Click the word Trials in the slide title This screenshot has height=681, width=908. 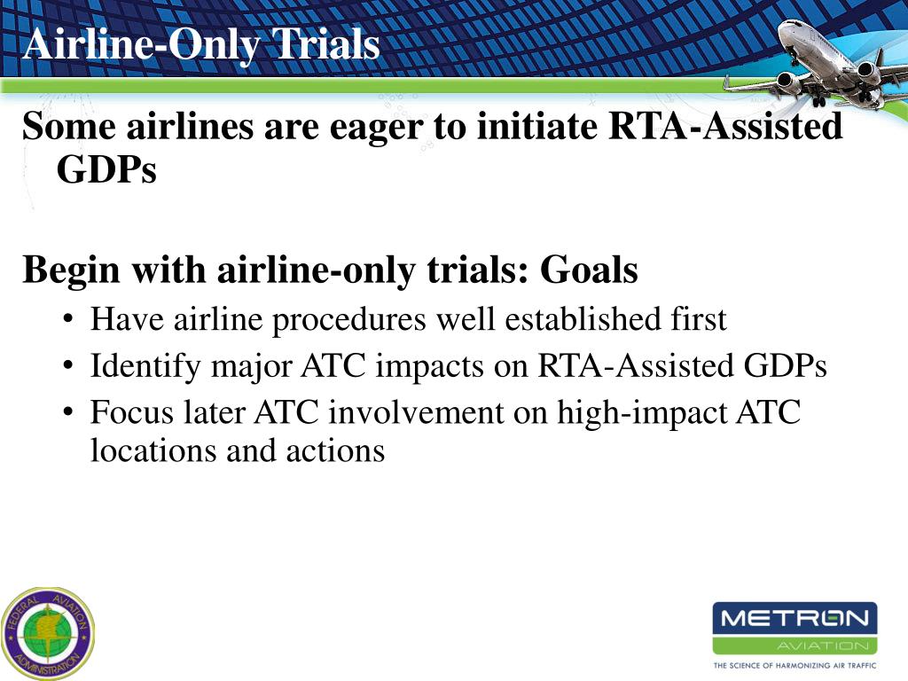(x=326, y=44)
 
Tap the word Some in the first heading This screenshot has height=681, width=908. (x=69, y=126)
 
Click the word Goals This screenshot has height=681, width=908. (x=589, y=270)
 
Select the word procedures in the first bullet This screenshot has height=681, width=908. (x=348, y=321)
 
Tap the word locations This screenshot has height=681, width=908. (x=153, y=450)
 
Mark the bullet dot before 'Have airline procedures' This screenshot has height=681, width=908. (x=68, y=319)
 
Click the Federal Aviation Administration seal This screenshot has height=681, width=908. (x=48, y=633)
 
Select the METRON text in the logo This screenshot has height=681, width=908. (x=794, y=618)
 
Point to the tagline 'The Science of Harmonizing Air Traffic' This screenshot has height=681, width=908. (x=794, y=665)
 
